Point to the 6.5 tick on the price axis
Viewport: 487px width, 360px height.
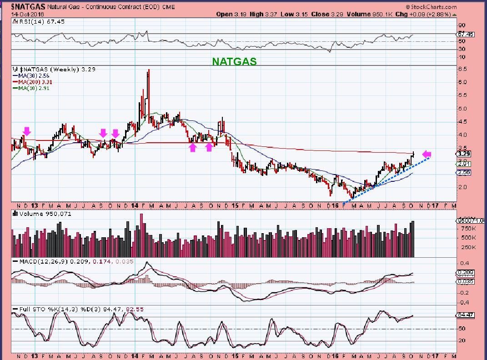pyautogui.click(x=462, y=69)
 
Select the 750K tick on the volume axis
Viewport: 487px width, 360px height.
pyautogui.click(x=467, y=229)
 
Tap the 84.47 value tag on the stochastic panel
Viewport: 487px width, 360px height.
pyautogui.click(x=464, y=315)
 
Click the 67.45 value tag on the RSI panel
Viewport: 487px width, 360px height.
pyautogui.click(x=464, y=34)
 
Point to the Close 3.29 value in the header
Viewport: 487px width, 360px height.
pyautogui.click(x=326, y=14)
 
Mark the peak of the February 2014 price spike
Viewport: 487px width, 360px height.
pyautogui.click(x=148, y=70)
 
